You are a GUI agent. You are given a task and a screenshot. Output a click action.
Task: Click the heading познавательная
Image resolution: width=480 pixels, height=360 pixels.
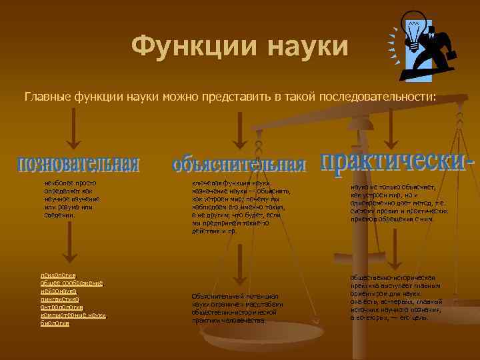[78, 163]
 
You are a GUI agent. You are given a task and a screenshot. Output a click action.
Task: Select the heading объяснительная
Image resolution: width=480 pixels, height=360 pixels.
[238, 165]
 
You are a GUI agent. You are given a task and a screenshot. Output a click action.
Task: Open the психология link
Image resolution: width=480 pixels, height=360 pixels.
[58, 275]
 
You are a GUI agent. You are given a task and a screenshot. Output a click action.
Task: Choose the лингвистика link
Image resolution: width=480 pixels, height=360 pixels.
[60, 299]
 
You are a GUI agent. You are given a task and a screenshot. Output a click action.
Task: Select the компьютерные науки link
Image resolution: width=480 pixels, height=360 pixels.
[73, 315]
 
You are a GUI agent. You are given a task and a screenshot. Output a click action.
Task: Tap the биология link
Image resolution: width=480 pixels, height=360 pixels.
[55, 323]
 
